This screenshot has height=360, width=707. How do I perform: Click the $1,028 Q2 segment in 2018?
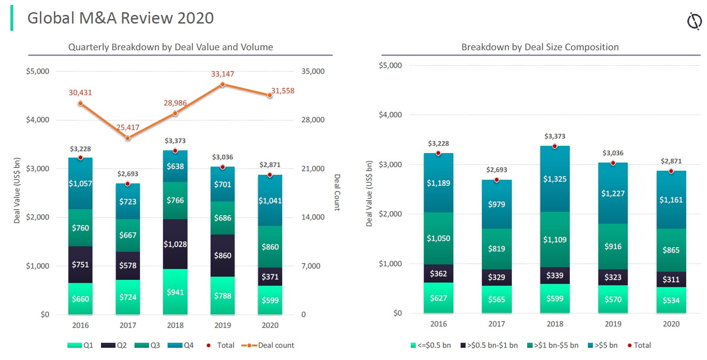(x=175, y=244)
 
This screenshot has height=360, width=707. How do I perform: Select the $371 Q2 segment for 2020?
(x=270, y=276)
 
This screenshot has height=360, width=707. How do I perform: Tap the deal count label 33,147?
(x=222, y=74)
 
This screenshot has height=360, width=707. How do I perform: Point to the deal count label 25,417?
(x=128, y=127)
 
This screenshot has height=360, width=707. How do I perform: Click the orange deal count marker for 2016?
(x=81, y=103)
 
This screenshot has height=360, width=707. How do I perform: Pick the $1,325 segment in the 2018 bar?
(x=555, y=179)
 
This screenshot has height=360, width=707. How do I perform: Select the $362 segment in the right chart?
(x=438, y=274)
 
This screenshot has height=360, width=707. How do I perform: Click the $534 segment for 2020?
(x=671, y=300)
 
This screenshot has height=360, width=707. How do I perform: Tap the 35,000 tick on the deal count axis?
(x=313, y=71)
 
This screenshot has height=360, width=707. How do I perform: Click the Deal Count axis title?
(x=337, y=192)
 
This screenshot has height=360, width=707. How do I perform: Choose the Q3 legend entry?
(x=149, y=345)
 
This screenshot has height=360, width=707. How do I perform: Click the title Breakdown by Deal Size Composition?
(x=540, y=47)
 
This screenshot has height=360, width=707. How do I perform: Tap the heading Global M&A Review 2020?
(x=120, y=18)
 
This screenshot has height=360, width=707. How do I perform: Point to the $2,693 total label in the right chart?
(x=496, y=170)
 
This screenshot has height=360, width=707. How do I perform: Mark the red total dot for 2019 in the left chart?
(x=222, y=167)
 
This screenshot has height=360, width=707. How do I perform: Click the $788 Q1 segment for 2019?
(x=222, y=296)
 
